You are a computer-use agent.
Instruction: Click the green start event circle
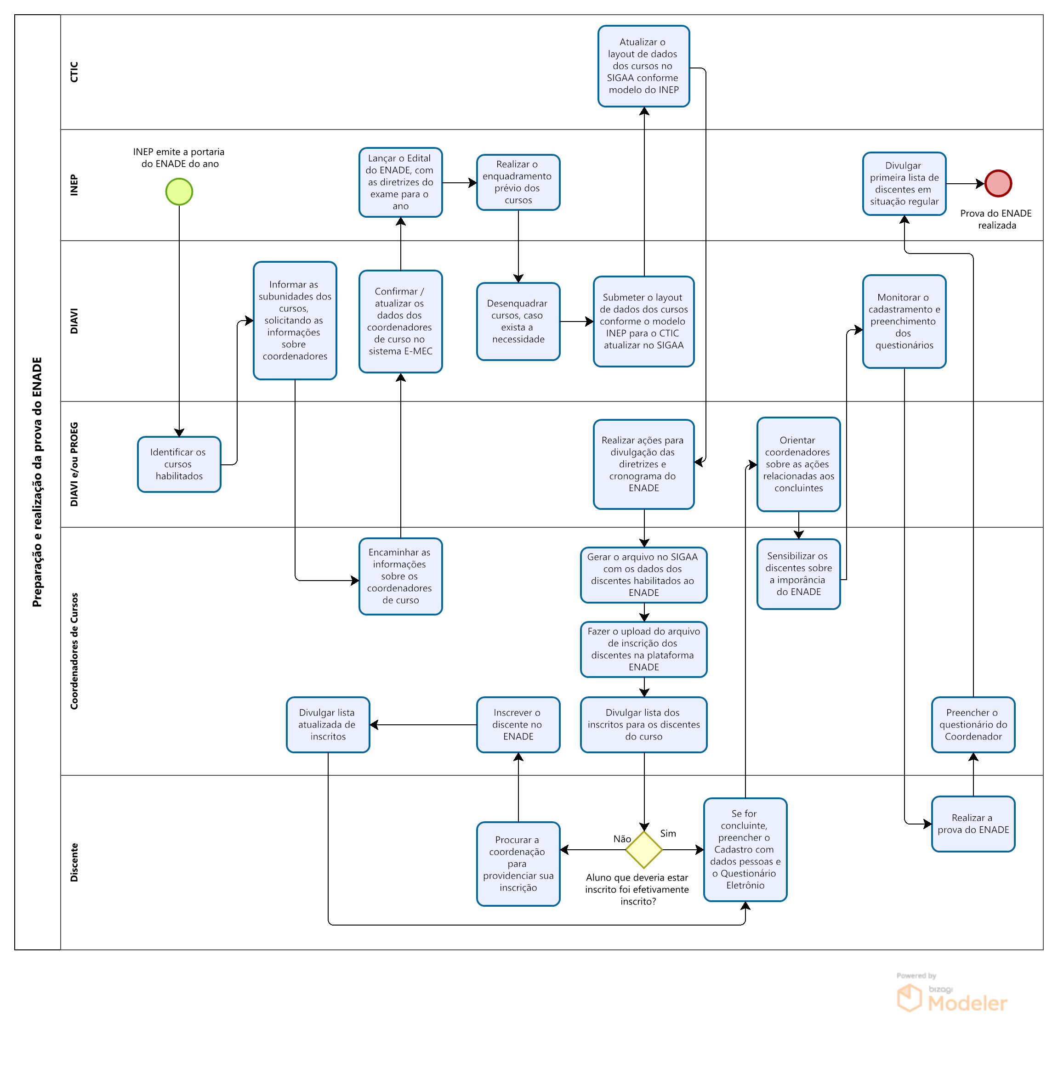click(179, 192)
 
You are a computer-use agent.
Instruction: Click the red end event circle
click(998, 183)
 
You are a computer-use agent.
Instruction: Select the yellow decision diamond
click(643, 850)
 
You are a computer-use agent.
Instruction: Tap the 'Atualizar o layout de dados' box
click(643, 66)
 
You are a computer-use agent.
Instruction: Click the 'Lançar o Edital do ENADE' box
click(400, 182)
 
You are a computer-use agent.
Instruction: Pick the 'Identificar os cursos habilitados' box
click(179, 464)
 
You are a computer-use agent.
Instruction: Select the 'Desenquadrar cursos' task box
click(518, 322)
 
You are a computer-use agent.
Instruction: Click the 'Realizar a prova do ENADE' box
click(973, 824)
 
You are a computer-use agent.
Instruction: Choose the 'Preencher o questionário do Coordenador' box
click(973, 725)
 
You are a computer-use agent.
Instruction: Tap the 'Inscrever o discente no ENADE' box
click(518, 725)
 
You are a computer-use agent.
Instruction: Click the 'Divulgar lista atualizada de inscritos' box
click(328, 725)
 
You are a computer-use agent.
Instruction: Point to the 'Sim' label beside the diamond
click(668, 834)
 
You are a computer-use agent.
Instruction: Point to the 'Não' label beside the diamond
click(622, 839)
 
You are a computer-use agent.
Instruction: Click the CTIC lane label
click(74, 72)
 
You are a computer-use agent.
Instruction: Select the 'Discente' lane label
click(74, 863)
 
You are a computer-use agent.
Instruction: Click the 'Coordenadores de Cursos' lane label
click(74, 651)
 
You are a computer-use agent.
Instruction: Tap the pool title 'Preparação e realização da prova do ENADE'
click(37, 482)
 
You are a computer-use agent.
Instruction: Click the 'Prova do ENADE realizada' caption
click(996, 220)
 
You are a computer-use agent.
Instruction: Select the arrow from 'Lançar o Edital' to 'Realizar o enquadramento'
click(460, 182)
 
